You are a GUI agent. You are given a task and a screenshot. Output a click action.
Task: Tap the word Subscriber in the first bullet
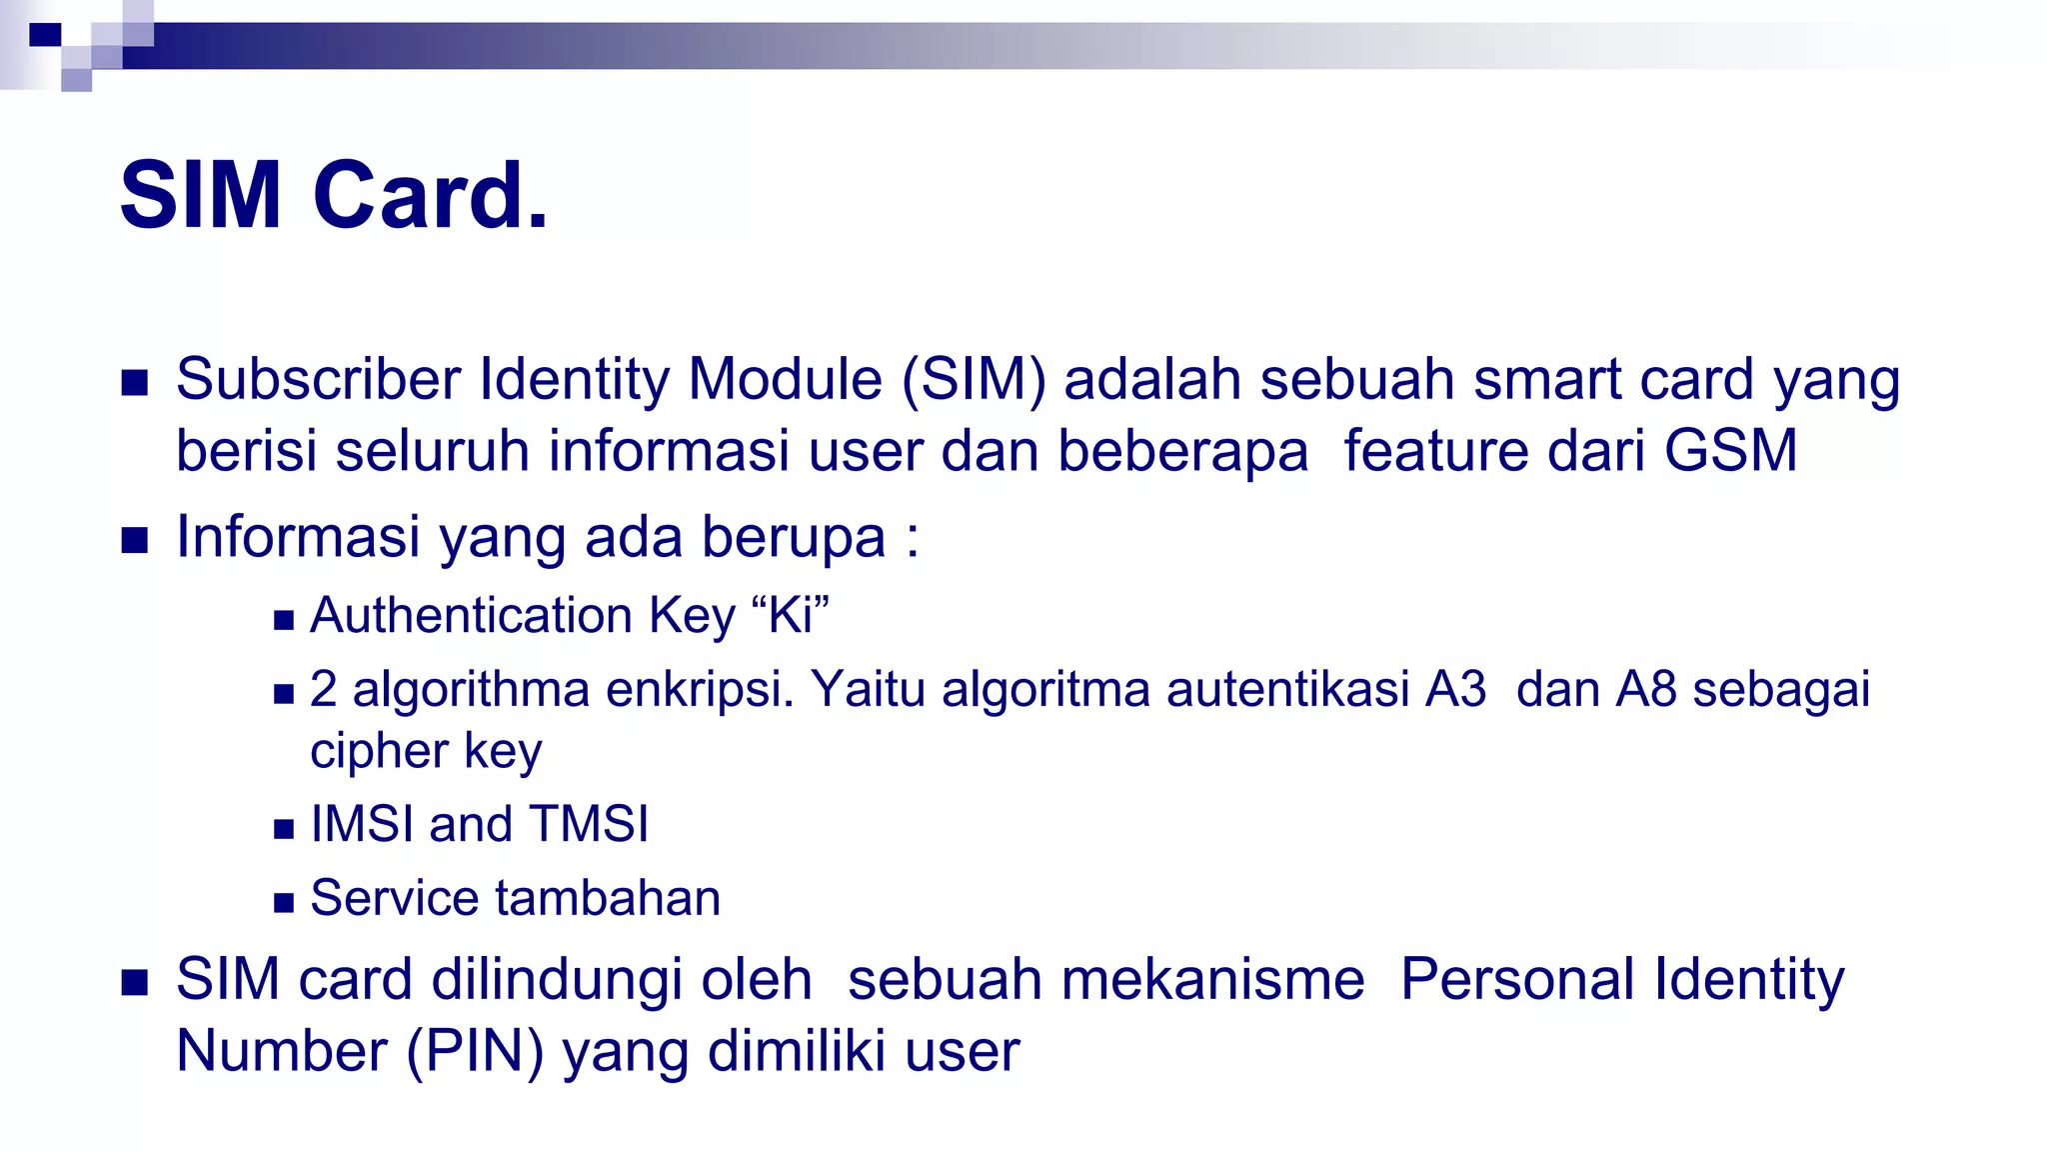(x=319, y=380)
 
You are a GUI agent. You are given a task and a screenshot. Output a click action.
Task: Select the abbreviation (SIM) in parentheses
(x=974, y=380)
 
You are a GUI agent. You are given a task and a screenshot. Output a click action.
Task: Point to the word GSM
(x=1731, y=450)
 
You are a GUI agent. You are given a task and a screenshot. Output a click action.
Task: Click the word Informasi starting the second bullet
(x=298, y=537)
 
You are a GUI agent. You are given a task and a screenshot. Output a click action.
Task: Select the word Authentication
(x=471, y=615)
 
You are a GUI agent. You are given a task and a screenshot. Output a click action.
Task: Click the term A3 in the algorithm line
(x=1456, y=689)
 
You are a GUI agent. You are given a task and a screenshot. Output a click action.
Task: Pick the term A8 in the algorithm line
(x=1646, y=689)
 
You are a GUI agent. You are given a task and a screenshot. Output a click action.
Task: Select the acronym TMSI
(x=589, y=824)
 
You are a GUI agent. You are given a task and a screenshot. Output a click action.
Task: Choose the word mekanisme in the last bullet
(x=1212, y=979)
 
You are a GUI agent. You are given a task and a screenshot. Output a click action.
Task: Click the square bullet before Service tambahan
(x=284, y=903)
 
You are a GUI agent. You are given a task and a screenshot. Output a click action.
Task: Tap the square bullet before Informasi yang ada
(x=134, y=541)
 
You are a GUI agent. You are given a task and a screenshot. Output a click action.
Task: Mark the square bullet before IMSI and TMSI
(x=284, y=829)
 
